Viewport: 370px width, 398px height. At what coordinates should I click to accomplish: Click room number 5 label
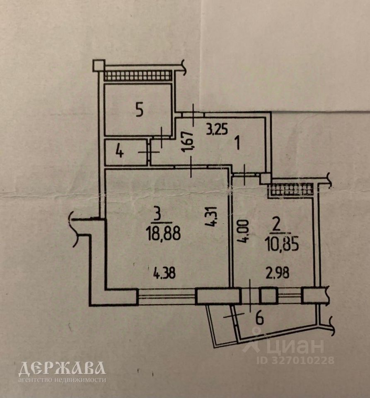pyautogui.click(x=140, y=110)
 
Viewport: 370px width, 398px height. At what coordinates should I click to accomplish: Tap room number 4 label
pyautogui.click(x=119, y=152)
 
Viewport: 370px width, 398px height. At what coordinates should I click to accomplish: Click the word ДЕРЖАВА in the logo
pyautogui.click(x=62, y=369)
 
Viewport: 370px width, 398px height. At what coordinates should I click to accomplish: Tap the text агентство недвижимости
pyautogui.click(x=62, y=379)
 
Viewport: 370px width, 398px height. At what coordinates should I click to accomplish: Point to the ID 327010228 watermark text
pyautogui.click(x=297, y=360)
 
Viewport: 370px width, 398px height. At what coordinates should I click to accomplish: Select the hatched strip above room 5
pyautogui.click(x=138, y=75)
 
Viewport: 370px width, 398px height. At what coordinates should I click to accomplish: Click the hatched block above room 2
pyautogui.click(x=292, y=189)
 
